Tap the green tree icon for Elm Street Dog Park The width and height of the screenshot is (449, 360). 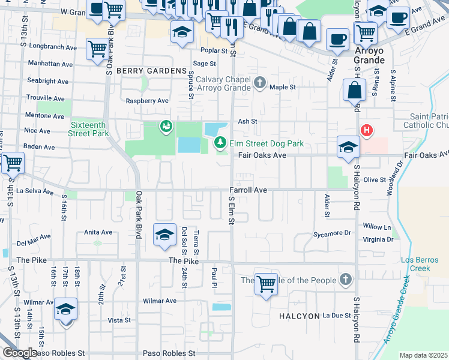tap(221, 143)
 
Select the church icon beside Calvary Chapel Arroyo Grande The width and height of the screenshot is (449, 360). tap(259, 82)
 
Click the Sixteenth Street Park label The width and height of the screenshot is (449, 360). tap(89, 129)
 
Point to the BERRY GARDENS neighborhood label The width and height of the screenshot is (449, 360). tap(152, 71)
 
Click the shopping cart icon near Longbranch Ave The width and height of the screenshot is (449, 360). tap(97, 49)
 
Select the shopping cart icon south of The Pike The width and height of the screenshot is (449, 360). tap(265, 284)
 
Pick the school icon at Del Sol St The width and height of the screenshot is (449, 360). tap(164, 235)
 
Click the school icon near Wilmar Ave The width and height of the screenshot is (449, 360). tap(66, 310)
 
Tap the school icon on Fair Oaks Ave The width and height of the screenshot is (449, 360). tap(348, 147)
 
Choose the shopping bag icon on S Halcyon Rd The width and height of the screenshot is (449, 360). tap(354, 90)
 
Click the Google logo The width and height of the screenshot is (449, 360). tap(20, 353)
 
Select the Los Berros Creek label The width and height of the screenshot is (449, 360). tap(416, 264)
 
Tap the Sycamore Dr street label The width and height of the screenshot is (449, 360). tap(331, 233)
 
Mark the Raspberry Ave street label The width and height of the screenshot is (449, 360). tap(147, 101)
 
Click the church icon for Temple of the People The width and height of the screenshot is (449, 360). tap(345, 280)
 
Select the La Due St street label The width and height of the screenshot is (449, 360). tap(336, 315)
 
